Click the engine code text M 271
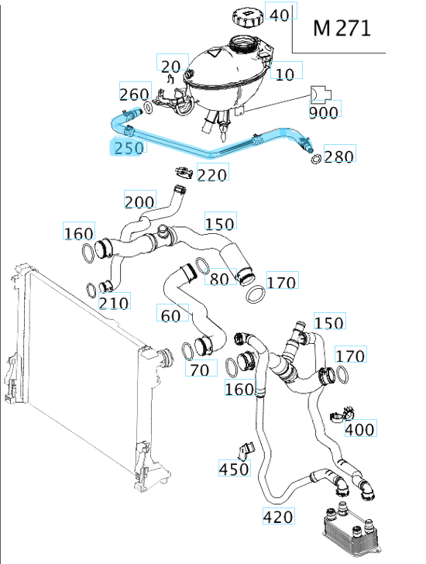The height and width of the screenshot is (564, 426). click(x=342, y=29)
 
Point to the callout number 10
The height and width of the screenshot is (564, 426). click(x=285, y=74)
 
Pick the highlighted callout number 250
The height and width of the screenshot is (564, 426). click(x=129, y=147)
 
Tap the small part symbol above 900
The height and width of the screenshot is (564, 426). click(x=320, y=95)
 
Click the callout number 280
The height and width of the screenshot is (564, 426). click(x=339, y=156)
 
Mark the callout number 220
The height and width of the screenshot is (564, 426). click(x=212, y=174)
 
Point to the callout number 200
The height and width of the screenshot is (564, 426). click(x=139, y=201)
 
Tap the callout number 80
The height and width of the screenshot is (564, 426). click(x=220, y=278)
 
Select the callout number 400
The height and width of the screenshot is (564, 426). click(x=359, y=428)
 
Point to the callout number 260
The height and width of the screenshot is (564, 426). click(x=134, y=95)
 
